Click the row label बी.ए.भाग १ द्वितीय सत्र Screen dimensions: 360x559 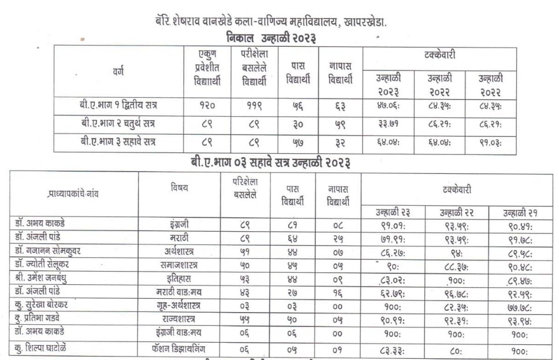tap(119, 106)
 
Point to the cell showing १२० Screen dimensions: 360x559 tap(207, 106)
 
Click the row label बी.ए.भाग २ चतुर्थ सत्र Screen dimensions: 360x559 tap(118, 124)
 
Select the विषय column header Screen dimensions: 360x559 tap(179, 187)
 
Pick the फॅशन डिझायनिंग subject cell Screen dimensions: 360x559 tap(179, 348)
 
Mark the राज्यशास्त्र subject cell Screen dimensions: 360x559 tap(179, 320)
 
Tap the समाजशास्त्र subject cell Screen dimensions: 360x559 tap(179, 265)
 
